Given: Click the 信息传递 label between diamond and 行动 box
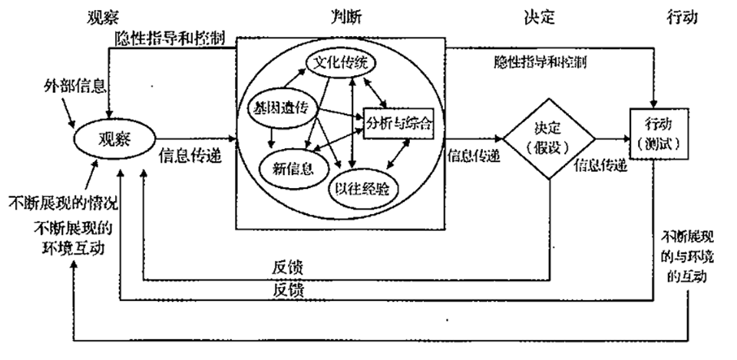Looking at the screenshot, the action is [x=600, y=163].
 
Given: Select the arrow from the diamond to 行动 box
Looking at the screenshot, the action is [x=612, y=140].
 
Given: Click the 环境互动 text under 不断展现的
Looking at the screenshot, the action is [x=71, y=246].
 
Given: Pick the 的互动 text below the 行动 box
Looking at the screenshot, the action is [x=685, y=275].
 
